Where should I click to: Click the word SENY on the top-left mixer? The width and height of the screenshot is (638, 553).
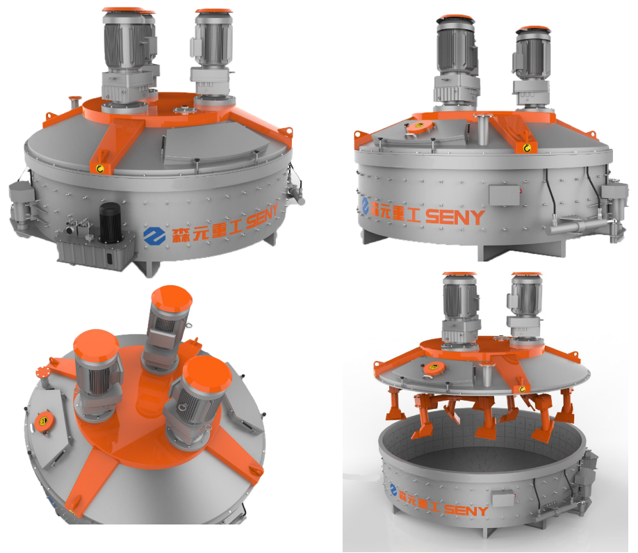click(x=262, y=216)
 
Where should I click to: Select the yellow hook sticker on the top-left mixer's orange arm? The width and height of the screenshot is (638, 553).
click(x=99, y=168)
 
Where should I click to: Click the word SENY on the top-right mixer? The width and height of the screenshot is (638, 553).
click(x=455, y=217)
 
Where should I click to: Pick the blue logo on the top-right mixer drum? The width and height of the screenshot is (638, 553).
click(x=365, y=206)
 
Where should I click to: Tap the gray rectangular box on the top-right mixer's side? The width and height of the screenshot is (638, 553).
click(x=505, y=195)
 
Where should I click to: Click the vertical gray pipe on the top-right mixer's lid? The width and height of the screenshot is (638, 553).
click(x=483, y=129)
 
